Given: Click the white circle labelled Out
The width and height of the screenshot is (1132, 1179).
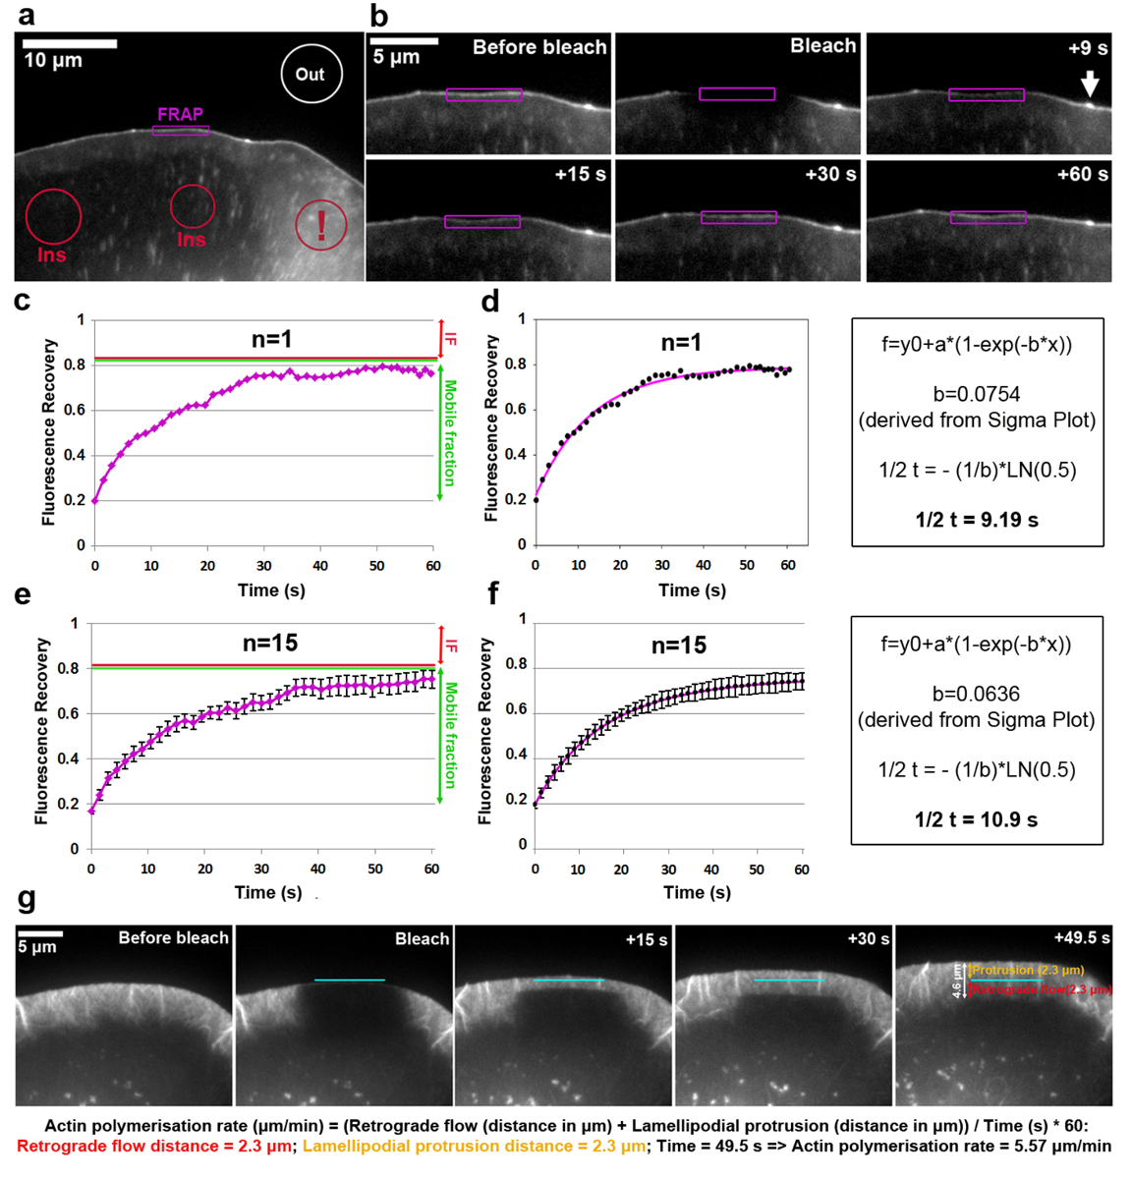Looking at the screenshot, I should click(311, 74).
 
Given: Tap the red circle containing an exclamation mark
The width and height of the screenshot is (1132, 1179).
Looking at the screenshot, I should click(321, 225).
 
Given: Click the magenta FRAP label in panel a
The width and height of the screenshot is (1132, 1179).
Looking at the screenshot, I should click(180, 114).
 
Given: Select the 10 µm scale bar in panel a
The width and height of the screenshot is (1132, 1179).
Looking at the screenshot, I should click(70, 43).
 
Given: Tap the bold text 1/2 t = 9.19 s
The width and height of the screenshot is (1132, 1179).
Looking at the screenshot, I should click(977, 520).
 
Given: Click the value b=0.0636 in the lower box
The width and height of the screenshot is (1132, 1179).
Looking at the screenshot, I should click(976, 694).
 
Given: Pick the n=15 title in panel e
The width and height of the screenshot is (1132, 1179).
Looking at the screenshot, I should click(270, 643).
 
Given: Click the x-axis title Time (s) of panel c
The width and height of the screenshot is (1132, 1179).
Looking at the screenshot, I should click(271, 589).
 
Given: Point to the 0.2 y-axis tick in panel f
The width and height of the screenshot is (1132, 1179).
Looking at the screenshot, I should click(522, 800).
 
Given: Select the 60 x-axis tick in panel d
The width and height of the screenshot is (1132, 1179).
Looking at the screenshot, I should click(787, 565).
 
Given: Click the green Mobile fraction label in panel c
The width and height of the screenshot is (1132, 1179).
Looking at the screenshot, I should click(450, 432).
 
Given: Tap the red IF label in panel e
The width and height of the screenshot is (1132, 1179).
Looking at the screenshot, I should click(451, 646).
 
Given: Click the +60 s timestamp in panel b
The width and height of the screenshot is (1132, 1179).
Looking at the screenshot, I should click(1082, 175).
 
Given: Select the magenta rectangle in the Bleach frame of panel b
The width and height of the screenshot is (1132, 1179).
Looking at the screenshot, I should click(737, 94).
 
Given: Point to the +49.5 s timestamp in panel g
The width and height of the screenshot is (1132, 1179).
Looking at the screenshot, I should click(1081, 937).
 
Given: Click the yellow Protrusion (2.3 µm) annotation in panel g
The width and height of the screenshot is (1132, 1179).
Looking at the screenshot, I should click(1028, 970).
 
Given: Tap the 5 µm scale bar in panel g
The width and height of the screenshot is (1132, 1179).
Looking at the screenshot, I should click(40, 933).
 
